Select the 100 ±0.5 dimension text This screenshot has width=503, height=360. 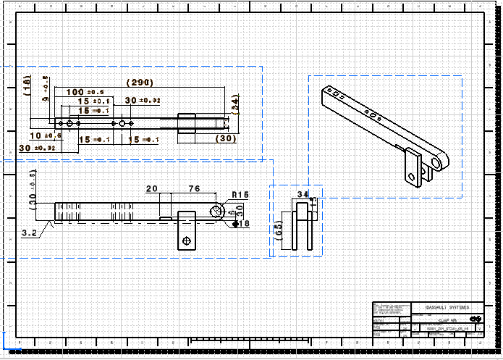click(85, 92)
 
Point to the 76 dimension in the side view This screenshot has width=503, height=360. click(194, 188)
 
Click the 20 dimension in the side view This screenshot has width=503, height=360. click(152, 188)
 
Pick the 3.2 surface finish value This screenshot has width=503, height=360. click(30, 233)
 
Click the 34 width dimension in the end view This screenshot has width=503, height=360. click(303, 194)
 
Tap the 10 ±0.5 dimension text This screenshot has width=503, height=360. click(45, 135)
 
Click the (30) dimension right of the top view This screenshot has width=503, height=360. click(226, 138)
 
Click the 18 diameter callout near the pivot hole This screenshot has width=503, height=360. click(243, 224)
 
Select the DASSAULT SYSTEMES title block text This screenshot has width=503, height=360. click(452, 307)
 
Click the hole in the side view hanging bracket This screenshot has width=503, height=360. click(186, 240)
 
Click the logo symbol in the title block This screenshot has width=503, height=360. click(475, 319)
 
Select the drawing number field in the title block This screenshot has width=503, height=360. click(449, 329)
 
